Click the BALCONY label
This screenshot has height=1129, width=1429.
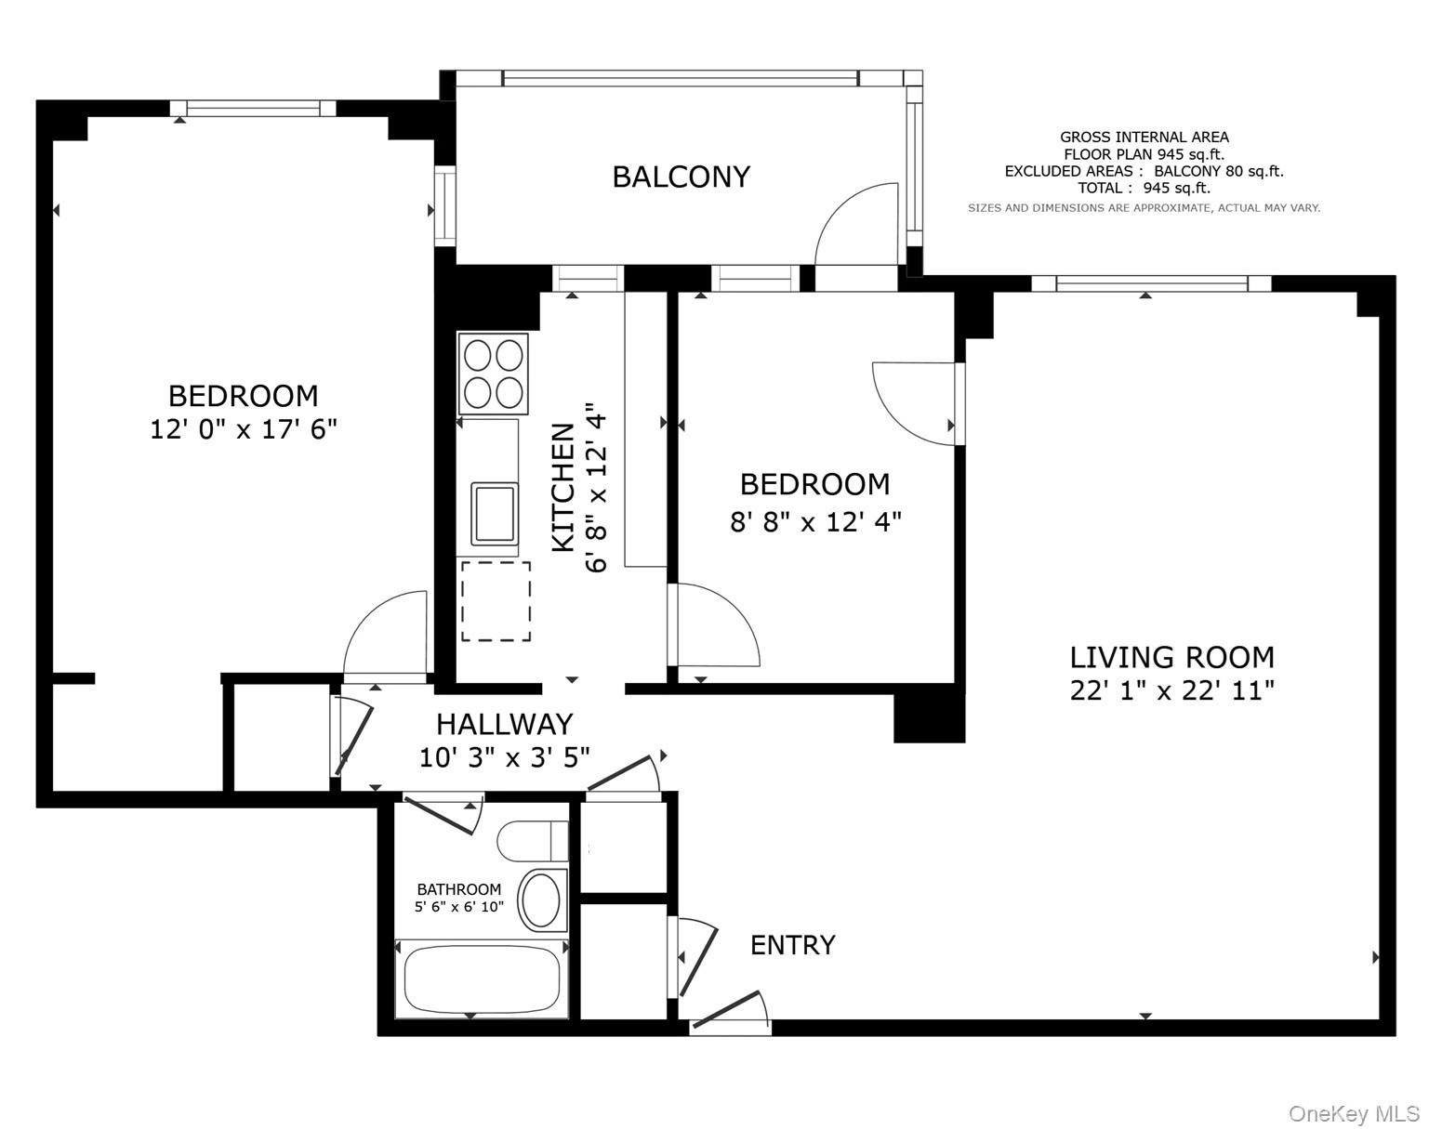coord(681,177)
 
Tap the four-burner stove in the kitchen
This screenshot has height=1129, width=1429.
coord(493,374)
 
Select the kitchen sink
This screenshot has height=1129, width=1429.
coord(495,513)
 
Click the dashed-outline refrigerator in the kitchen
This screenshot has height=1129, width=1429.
coord(496,601)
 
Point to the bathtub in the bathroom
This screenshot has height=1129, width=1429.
coord(482,979)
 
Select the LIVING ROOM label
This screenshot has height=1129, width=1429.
coord(1171,658)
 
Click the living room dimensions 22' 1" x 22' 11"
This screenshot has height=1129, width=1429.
coord(1171,690)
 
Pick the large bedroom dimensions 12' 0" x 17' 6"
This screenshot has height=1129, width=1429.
coord(243,429)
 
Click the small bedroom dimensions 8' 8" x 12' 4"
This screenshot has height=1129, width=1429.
coord(815,521)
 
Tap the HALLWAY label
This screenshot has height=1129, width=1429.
coord(504,724)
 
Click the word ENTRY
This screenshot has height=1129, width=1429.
coord(792,945)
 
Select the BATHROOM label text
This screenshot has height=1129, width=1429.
coord(458,889)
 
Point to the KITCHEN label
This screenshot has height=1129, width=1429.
coord(563,487)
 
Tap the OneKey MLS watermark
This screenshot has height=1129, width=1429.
coord(1353,1113)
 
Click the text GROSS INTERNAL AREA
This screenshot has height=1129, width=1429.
coord(1144,138)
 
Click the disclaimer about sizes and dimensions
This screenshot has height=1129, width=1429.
coord(1144,208)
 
